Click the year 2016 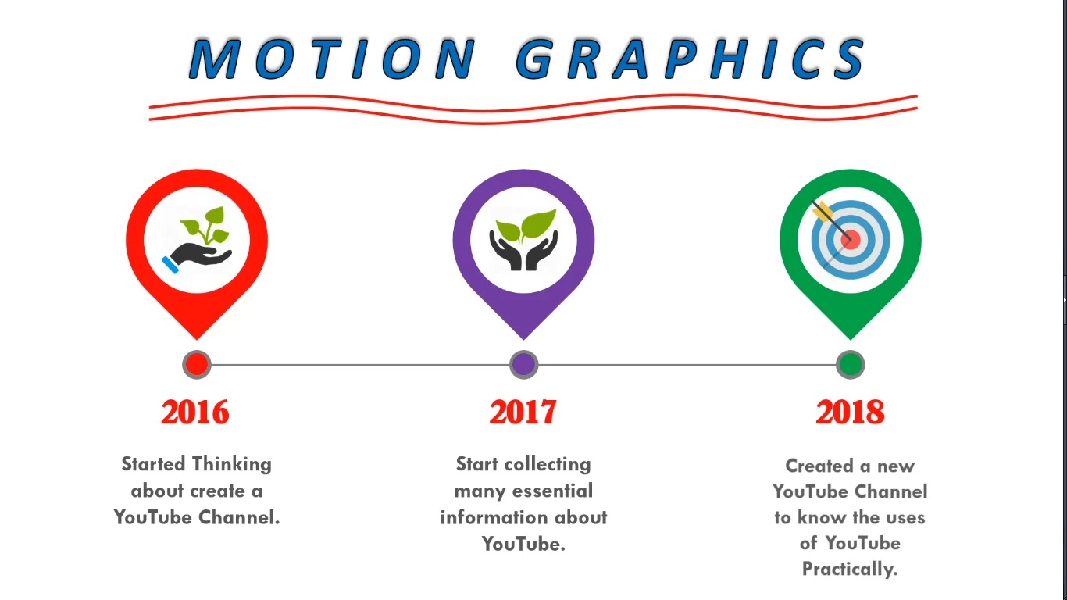click(x=195, y=412)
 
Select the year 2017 click(x=523, y=412)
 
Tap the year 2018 click(x=850, y=412)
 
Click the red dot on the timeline click(x=197, y=364)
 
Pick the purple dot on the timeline click(x=523, y=364)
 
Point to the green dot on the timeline click(x=850, y=364)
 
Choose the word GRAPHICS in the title click(x=691, y=59)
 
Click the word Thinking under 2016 click(x=232, y=464)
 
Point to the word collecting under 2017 click(x=547, y=464)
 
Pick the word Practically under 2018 click(x=850, y=569)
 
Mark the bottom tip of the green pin click(x=850, y=338)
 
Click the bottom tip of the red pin click(x=197, y=338)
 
